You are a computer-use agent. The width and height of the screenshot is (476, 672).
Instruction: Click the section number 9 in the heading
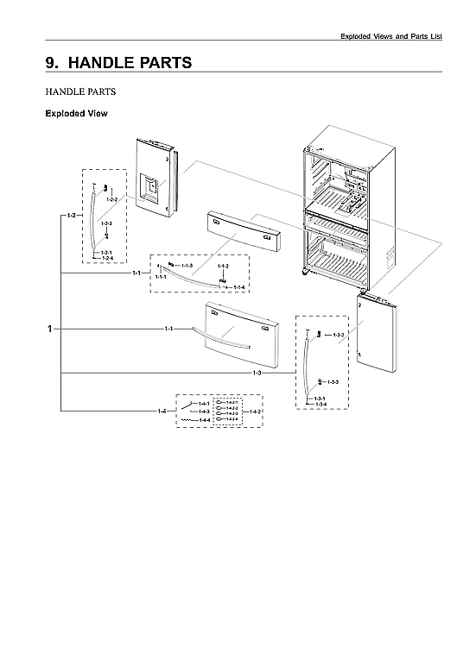51,63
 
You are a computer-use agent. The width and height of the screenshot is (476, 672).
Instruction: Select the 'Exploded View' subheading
75,113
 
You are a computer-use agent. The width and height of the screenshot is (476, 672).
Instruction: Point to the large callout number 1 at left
51,329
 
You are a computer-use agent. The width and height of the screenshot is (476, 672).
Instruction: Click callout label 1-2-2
111,199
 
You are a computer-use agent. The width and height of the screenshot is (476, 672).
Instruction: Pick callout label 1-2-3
106,224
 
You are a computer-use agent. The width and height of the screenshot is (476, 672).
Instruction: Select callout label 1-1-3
187,265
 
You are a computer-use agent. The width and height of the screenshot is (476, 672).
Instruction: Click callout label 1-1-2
222,267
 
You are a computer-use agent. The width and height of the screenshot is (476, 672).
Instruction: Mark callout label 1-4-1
204,404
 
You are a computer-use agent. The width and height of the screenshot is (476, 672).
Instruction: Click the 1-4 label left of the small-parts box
162,411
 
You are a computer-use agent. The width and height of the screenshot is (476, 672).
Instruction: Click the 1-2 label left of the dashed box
72,214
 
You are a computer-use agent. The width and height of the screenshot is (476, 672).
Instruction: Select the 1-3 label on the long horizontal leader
257,373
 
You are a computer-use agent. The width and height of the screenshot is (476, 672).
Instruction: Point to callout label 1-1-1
161,278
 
